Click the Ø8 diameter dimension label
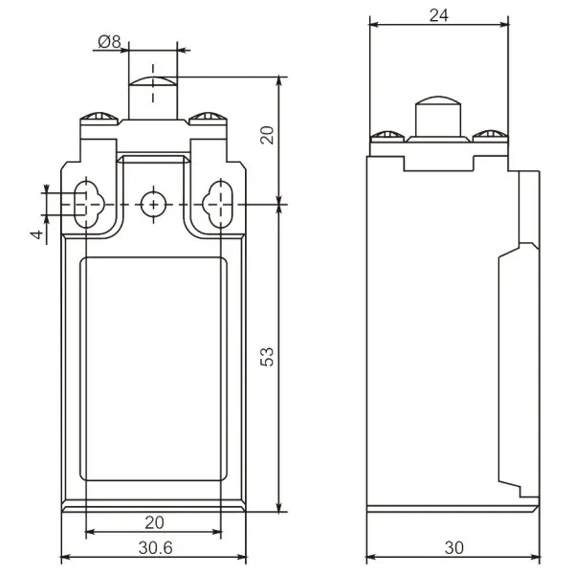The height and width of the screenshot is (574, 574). click(109, 42)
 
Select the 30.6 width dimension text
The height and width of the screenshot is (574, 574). click(155, 547)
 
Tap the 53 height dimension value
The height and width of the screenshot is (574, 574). click(267, 357)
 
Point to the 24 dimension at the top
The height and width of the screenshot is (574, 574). click(438, 15)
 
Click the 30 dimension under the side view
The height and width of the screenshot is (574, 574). click(453, 547)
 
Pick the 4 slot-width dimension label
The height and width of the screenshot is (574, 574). click(37, 234)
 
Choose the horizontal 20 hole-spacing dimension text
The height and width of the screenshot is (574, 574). click(154, 522)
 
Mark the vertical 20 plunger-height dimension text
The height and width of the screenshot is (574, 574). click(267, 135)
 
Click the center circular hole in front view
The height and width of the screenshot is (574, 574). click(153, 205)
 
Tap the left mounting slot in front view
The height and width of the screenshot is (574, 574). click(86, 205)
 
